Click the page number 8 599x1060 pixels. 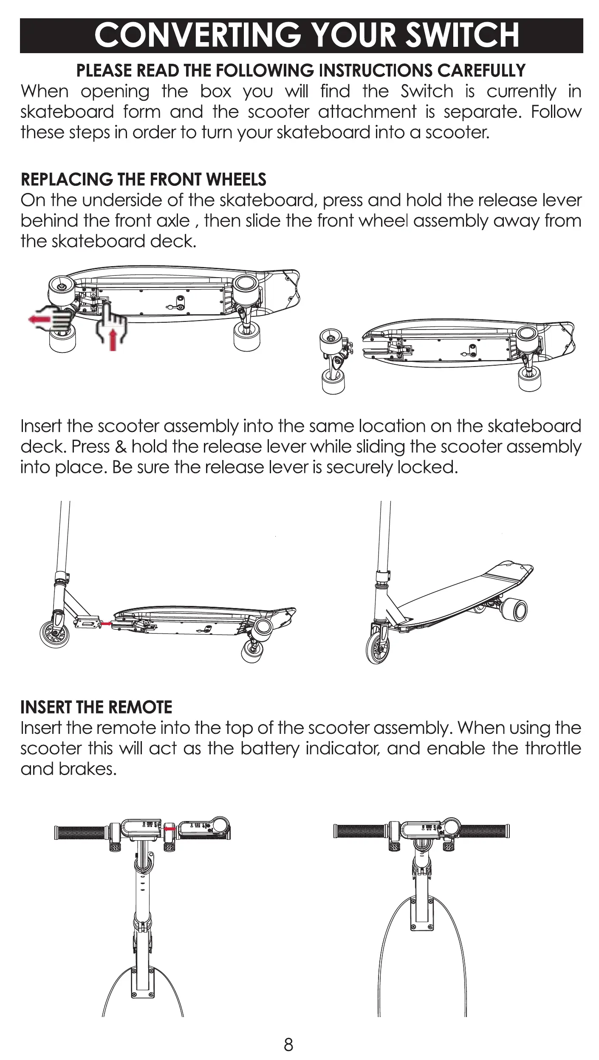288,1045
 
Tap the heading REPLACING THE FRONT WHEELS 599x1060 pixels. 143,180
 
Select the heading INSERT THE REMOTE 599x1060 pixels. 96,707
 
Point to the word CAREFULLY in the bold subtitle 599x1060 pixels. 481,71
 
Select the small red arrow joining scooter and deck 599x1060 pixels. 106,623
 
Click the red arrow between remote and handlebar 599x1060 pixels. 170,829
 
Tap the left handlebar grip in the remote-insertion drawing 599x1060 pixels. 81,833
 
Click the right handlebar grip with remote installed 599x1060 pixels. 484,830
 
